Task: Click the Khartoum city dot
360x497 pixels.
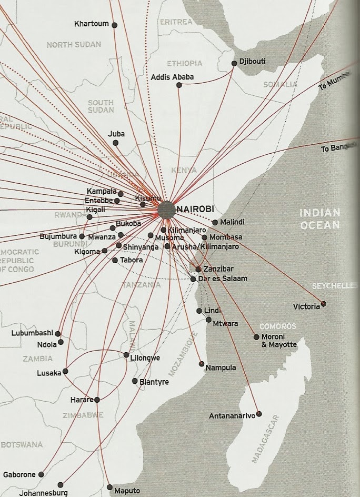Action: pyautogui.click(x=114, y=25)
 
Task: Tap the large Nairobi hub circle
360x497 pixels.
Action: pyautogui.click(x=166, y=210)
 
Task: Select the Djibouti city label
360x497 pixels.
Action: pyautogui.click(x=252, y=62)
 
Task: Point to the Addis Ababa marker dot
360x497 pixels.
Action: pyautogui.click(x=179, y=84)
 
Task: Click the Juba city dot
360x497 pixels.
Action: pyautogui.click(x=115, y=143)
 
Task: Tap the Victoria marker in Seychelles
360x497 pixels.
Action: pyautogui.click(x=323, y=304)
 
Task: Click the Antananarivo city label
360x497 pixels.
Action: pyautogui.click(x=232, y=416)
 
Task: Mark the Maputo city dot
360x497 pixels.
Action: pyautogui.click(x=109, y=487)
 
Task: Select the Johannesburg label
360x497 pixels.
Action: pyautogui.click(x=43, y=493)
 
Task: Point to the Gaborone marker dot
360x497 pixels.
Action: pyautogui.click(x=42, y=474)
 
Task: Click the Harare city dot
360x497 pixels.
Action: pyautogui.click(x=96, y=400)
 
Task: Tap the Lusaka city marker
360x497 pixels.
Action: pyautogui.click(x=65, y=371)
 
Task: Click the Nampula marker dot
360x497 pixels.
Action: pyautogui.click(x=201, y=364)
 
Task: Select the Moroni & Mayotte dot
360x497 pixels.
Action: pyautogui.click(x=256, y=337)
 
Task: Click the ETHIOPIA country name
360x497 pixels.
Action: pyautogui.click(x=184, y=64)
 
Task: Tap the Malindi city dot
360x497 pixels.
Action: pyautogui.click(x=215, y=222)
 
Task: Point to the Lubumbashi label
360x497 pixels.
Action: pyautogui.click(x=32, y=333)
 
